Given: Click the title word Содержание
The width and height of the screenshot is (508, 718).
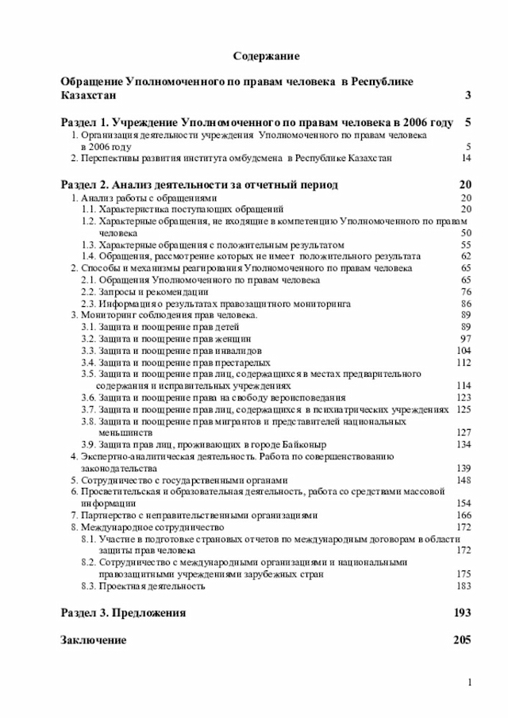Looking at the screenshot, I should point(266,57).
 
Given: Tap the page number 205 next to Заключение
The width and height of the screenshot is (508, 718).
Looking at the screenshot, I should point(462,639).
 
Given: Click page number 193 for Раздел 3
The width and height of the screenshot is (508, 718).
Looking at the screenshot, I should point(462,613).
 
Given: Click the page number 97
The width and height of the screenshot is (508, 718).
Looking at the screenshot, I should point(466,339).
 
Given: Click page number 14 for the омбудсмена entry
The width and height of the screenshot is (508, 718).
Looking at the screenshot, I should point(466,159).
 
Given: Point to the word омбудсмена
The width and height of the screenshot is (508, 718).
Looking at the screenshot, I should point(246,159).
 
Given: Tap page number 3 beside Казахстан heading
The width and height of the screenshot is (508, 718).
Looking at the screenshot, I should point(468,96).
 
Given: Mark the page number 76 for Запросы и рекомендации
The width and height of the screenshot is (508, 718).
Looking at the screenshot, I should point(466,292).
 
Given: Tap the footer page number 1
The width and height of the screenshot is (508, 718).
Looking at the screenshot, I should point(470,683).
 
